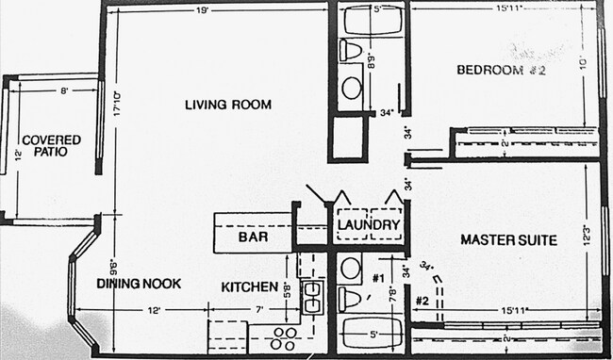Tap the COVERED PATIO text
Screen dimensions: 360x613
[x=51, y=145]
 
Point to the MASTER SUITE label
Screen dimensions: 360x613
[x=507, y=240]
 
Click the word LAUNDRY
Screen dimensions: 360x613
[x=368, y=225]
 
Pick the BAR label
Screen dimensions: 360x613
[x=253, y=238]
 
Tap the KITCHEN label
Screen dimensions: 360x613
[x=249, y=286]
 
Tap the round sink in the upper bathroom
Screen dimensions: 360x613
[x=351, y=89]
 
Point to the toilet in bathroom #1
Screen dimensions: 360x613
[x=350, y=300]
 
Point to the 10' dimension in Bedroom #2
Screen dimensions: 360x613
[x=585, y=63]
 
